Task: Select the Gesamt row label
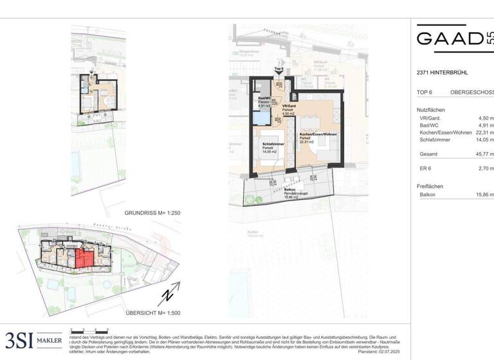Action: (x=429, y=154)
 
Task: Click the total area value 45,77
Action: (x=483, y=154)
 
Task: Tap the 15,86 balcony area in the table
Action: (x=483, y=194)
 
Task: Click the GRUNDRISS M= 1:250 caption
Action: (x=154, y=212)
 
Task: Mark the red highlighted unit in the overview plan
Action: (x=84, y=260)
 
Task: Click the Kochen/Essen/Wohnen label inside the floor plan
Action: (x=318, y=134)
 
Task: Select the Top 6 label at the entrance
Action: (x=279, y=68)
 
